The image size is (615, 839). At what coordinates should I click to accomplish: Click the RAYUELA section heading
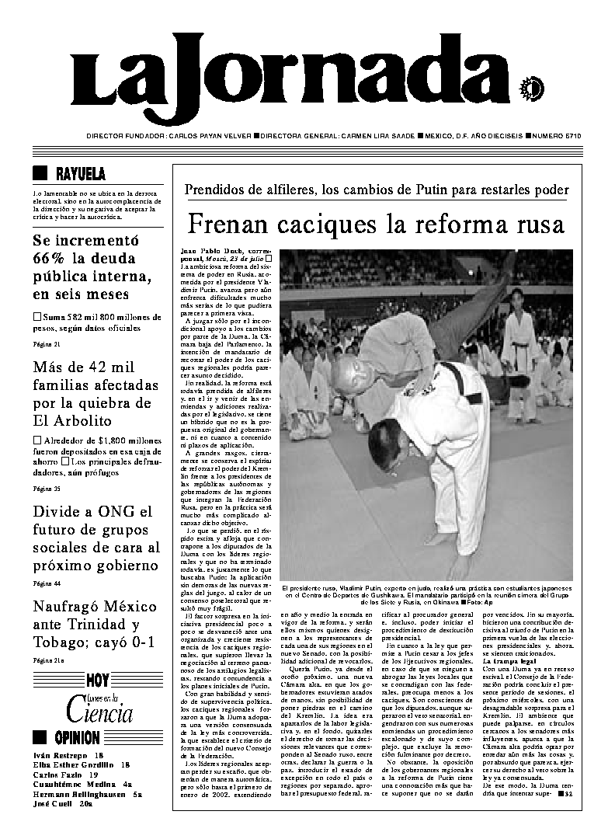click(81, 173)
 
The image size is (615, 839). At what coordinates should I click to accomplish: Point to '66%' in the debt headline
click(54, 259)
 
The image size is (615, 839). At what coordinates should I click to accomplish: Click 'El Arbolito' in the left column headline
click(71, 420)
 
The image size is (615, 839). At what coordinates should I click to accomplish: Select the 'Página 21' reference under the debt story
click(47, 343)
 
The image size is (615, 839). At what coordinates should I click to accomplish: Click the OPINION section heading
click(75, 737)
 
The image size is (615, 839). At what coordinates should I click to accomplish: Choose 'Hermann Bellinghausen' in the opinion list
click(78, 795)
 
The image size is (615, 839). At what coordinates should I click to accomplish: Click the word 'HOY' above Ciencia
click(98, 681)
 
